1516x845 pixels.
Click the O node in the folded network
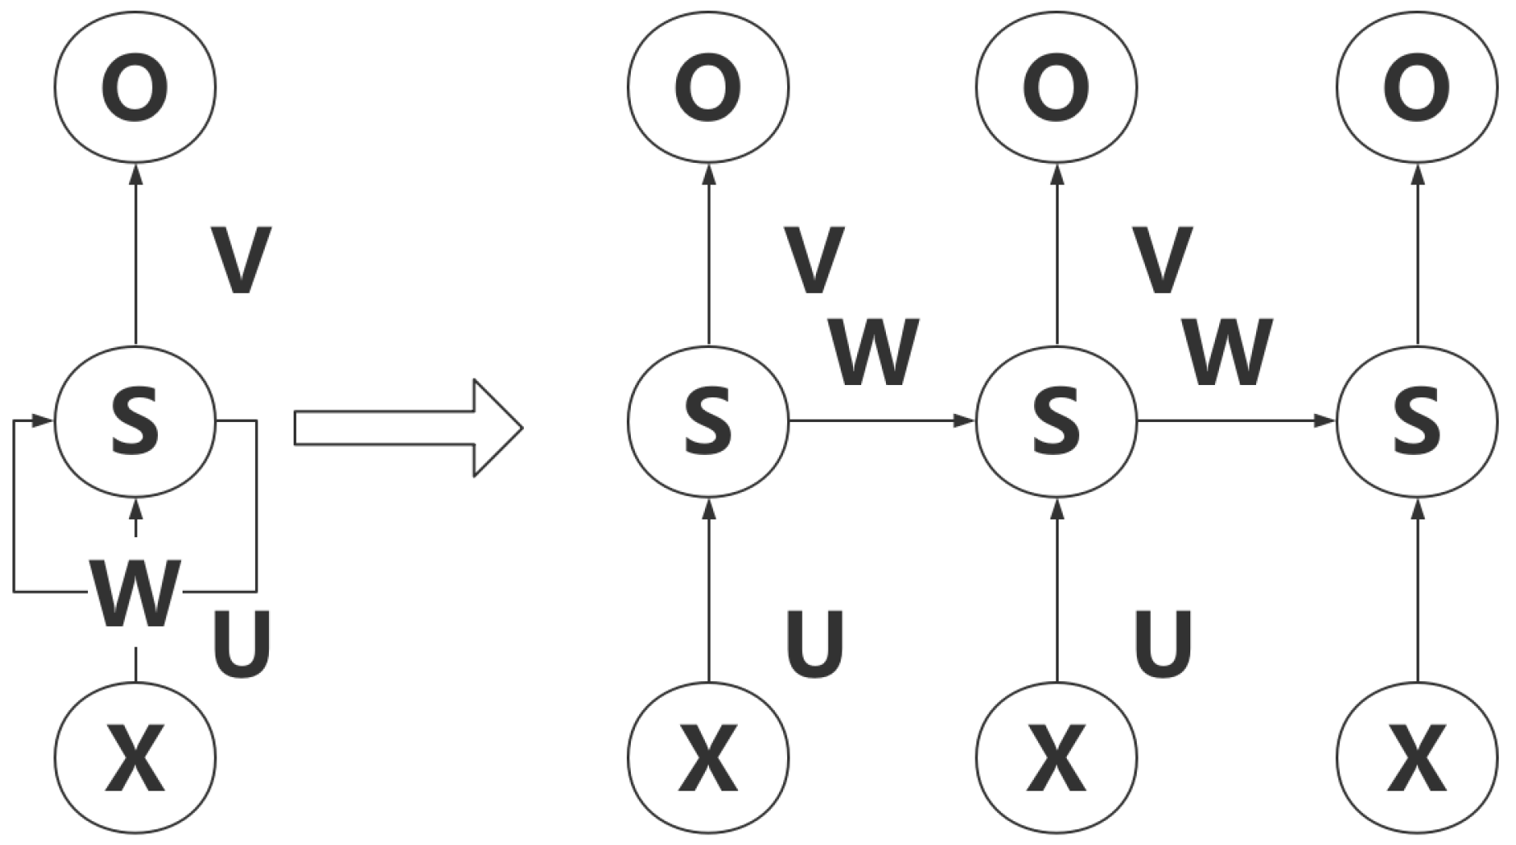pos(136,86)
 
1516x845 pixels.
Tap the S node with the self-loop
pos(136,421)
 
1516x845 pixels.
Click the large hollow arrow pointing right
pos(407,428)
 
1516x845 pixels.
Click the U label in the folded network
pos(242,644)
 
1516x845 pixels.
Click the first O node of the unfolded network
pos(708,86)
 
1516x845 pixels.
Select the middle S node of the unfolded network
pos(1057,421)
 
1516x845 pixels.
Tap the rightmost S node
pos(1416,421)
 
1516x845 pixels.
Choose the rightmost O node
pos(1416,86)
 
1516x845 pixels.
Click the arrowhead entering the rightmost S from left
pos(1324,421)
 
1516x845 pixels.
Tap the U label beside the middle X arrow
pos(1163,644)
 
